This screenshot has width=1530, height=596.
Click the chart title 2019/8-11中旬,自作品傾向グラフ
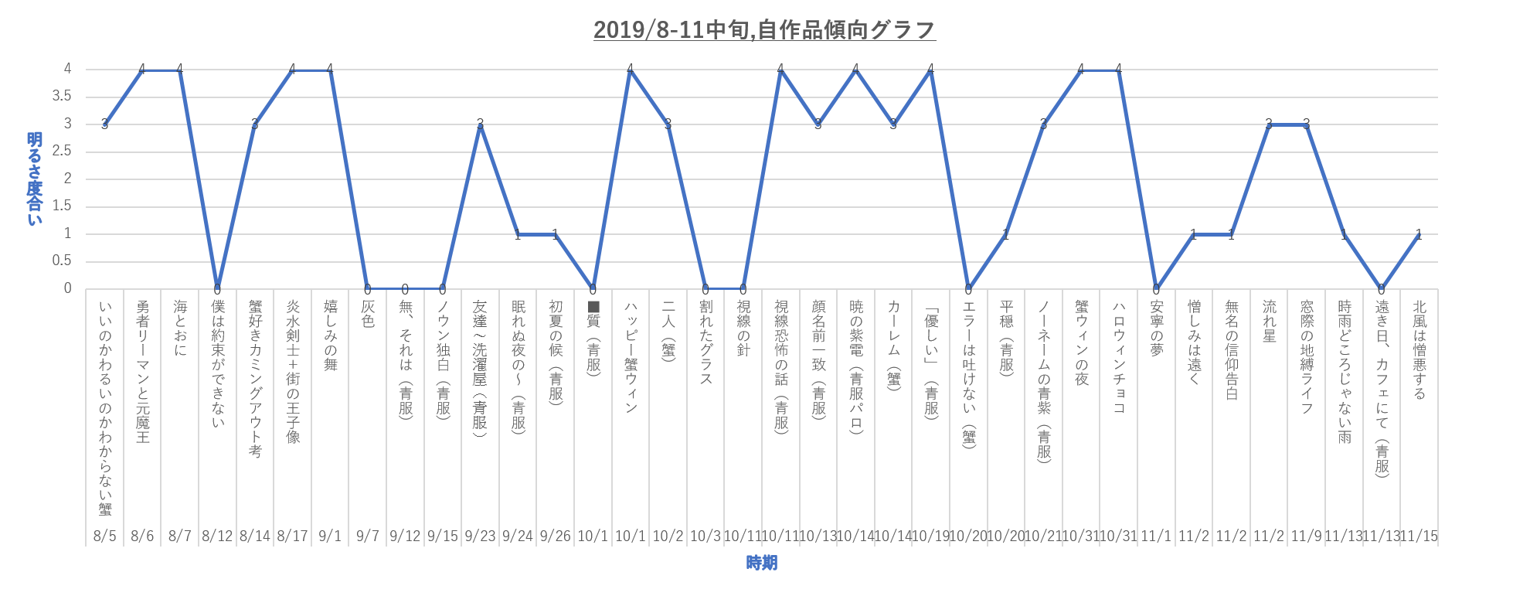coord(764,29)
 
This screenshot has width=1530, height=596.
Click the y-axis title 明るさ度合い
coord(35,179)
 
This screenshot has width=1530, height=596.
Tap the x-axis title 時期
coord(761,563)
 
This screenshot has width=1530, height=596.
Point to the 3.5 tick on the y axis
coord(62,97)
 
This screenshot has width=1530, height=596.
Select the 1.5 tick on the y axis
coord(62,206)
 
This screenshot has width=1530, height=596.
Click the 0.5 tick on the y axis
coord(62,261)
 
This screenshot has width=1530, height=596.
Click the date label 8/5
coord(104,536)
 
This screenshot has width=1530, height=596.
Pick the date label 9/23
coord(480,536)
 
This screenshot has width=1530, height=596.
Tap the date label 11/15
coord(1419,536)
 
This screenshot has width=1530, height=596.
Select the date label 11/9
coord(1306,536)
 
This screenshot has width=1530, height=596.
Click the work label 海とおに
coord(180,328)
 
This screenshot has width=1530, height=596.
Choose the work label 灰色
coord(368,314)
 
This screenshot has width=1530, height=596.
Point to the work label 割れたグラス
coord(705,342)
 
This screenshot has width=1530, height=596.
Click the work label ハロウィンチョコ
coord(1118,356)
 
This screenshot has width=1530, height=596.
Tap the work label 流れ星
coord(1269,321)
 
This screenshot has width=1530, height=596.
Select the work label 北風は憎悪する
coord(1419,349)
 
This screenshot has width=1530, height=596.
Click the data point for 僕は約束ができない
coord(217,289)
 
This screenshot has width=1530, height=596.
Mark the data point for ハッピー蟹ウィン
coord(631,70)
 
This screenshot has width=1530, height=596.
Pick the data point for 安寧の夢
coord(1156,289)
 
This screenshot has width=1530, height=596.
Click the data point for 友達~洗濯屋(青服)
coord(480,124)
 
